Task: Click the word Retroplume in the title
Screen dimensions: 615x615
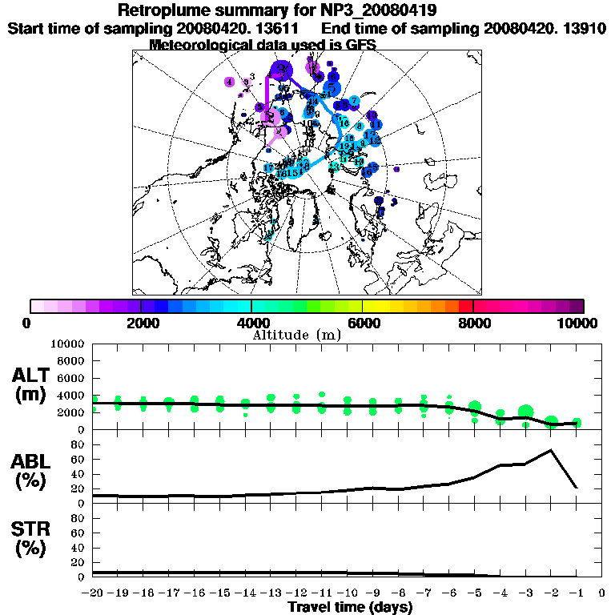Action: pyautogui.click(x=165, y=10)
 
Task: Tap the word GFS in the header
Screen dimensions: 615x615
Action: pyautogui.click(x=360, y=44)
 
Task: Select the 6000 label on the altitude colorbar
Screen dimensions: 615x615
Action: pyautogui.click(x=363, y=324)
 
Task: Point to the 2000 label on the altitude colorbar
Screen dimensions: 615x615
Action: pyautogui.click(x=141, y=324)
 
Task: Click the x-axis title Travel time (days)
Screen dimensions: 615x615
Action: pyautogui.click(x=350, y=607)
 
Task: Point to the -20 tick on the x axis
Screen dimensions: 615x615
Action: pyautogui.click(x=94, y=593)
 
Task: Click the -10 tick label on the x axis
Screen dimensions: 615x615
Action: pyautogui.click(x=348, y=593)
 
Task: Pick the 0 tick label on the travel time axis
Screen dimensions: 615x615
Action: pyautogui.click(x=602, y=593)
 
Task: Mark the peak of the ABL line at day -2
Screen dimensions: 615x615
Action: pyautogui.click(x=551, y=450)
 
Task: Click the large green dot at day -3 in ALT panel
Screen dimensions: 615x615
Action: pyautogui.click(x=526, y=412)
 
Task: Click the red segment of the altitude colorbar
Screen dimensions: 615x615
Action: pyautogui.click(x=465, y=306)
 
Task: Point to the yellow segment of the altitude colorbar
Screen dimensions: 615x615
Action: pyautogui.click(x=383, y=306)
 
